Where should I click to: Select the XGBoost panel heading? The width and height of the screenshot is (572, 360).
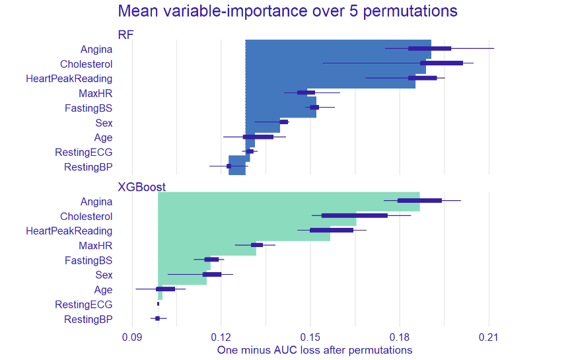pos(141,187)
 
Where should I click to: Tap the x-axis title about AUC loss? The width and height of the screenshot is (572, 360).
pos(314,350)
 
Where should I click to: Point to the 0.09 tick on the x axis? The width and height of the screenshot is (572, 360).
pos(132,337)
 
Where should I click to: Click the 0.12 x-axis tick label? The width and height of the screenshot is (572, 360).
pos(221,337)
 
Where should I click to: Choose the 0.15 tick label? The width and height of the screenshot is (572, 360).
pos(310,337)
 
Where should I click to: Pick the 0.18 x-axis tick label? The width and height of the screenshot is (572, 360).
pos(400,337)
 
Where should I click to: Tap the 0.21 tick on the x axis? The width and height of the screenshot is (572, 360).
pos(489,337)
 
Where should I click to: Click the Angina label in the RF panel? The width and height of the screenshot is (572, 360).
pos(96,49)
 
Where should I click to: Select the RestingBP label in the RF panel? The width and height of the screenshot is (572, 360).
pos(88,167)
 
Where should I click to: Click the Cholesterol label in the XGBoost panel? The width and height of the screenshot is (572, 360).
pos(86,216)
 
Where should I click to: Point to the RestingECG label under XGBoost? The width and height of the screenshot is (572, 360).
pos(83,305)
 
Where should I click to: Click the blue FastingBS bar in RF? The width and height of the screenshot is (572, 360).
pos(281,108)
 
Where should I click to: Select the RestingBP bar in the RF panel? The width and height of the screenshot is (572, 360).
pos(237,165)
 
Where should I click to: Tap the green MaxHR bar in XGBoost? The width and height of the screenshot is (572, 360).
pos(207,245)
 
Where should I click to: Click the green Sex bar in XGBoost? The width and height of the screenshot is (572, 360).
pos(182,275)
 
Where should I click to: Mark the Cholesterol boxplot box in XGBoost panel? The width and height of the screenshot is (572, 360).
pos(354,215)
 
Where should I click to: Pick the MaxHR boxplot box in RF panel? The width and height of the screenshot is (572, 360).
pos(306,92)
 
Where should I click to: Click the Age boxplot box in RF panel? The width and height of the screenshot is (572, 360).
pos(258,137)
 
